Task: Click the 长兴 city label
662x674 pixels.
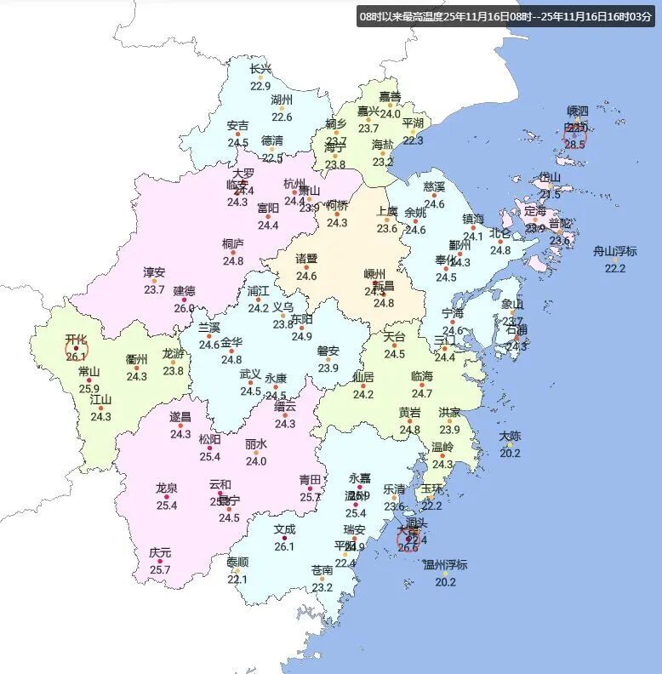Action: [260, 69]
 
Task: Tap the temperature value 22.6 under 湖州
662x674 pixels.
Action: [282, 117]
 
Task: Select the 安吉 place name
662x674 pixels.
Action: [238, 126]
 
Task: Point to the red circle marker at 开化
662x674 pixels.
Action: [77, 347]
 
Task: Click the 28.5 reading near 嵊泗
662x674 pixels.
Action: [575, 145]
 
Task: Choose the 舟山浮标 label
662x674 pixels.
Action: [615, 251]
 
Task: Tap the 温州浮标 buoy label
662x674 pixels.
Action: [445, 565]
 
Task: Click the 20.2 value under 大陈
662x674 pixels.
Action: [510, 454]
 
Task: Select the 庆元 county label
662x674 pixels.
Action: [160, 552]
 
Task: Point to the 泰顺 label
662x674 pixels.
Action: [237, 563]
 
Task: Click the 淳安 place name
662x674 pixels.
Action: [154, 272]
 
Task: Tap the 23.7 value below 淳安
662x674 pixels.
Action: [154, 290]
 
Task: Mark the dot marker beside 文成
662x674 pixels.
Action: [284, 538]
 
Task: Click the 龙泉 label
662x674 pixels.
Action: [167, 488]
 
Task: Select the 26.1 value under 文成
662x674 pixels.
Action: [284, 546]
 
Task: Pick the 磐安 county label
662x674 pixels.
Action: [328, 351]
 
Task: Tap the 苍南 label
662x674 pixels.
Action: [322, 569]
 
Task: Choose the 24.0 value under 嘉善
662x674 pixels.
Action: [390, 114]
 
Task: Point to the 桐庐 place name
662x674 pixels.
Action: [233, 243]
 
